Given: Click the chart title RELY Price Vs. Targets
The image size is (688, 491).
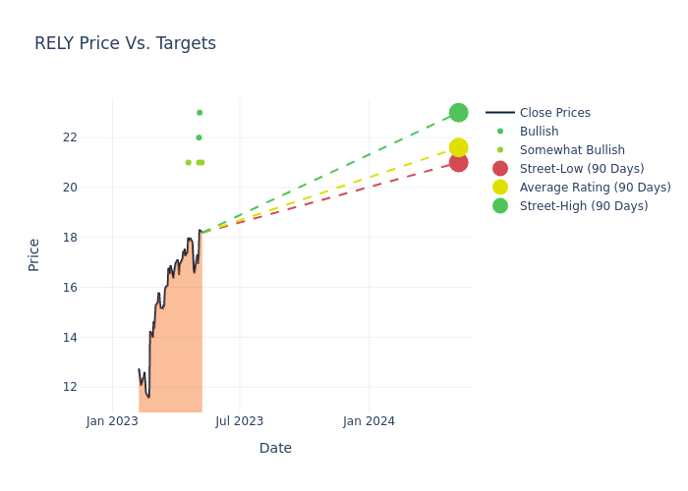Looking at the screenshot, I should tap(125, 44).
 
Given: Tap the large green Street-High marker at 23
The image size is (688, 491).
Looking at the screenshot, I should tap(458, 113).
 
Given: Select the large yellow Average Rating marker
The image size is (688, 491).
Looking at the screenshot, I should tap(458, 147).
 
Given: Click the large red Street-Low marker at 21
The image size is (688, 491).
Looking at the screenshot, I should tap(458, 162).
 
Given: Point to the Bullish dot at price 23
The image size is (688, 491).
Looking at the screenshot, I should tap(200, 113).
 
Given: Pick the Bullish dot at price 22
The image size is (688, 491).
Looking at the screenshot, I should tap(199, 137).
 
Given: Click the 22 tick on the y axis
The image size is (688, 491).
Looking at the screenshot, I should tap(70, 137).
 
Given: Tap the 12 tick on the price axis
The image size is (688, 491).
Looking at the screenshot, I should tap(70, 387).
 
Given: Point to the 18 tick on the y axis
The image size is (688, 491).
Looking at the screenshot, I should tap(70, 238).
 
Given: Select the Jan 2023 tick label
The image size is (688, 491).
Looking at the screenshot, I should tap(112, 421).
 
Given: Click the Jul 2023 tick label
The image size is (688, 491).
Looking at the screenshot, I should tap(240, 421).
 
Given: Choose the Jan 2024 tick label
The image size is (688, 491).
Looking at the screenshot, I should tap(369, 421).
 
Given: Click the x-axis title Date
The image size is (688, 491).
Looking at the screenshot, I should tap(275, 449).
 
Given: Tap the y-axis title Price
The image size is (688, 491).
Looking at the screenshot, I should tap(34, 254).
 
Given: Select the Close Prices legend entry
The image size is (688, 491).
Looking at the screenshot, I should tap(554, 113).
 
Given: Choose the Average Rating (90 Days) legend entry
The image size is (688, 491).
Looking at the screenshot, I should tap(595, 188).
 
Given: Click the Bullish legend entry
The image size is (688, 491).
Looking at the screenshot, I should tap(539, 132).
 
